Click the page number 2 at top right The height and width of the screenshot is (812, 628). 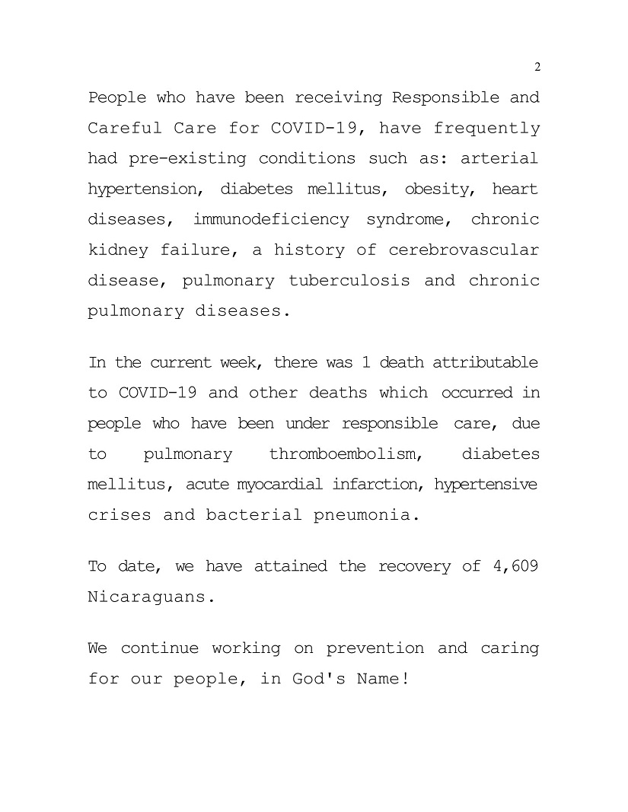coord(537,68)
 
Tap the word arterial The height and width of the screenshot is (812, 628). coord(500,158)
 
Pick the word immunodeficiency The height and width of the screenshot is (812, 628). coord(271,219)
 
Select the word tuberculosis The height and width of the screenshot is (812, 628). coord(349,280)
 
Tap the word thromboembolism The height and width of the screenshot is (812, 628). coord(346,454)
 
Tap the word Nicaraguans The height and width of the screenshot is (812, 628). coord(147,597)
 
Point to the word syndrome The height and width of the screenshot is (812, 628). coord(411,219)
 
